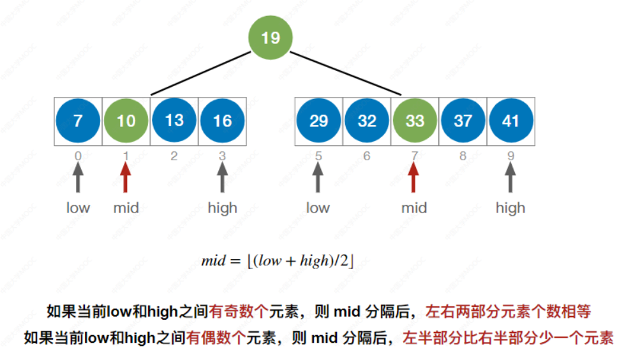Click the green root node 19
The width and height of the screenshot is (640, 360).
coord(270,38)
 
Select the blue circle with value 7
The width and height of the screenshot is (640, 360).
coord(78,120)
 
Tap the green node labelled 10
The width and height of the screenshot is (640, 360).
coord(126,120)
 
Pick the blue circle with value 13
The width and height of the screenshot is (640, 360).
coord(174,120)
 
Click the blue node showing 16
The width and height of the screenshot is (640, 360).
coord(222,120)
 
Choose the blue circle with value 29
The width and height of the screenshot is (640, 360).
coord(318,120)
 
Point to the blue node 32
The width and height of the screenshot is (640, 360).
coord(367,120)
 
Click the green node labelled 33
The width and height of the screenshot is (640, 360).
coord(415,120)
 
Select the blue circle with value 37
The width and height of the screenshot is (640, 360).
coord(463,120)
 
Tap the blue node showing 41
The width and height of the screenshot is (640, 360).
coord(510,120)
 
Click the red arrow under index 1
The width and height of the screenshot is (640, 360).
coord(126,177)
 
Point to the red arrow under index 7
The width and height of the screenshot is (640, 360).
coord(413,177)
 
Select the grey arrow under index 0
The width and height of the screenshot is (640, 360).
coord(78,177)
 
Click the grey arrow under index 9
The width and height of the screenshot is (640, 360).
coord(510,177)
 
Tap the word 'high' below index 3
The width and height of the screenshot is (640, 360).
coord(222,208)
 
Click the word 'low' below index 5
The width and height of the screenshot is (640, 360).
coord(318,208)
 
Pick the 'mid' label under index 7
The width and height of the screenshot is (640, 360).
coord(413,208)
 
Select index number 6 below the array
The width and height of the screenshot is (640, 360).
coord(366,156)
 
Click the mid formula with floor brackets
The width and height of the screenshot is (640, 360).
coord(278,260)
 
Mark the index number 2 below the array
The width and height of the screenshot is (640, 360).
coord(174,156)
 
